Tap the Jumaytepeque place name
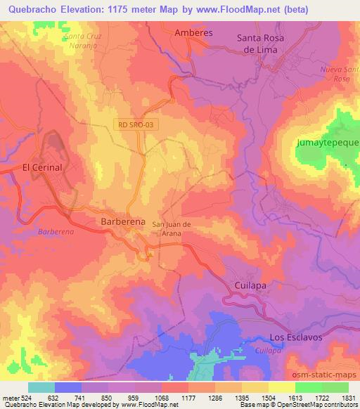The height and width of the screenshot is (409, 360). click(327, 143)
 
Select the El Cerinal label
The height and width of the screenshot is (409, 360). click(43, 167)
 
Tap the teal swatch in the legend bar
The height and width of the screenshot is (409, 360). click(41, 387)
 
